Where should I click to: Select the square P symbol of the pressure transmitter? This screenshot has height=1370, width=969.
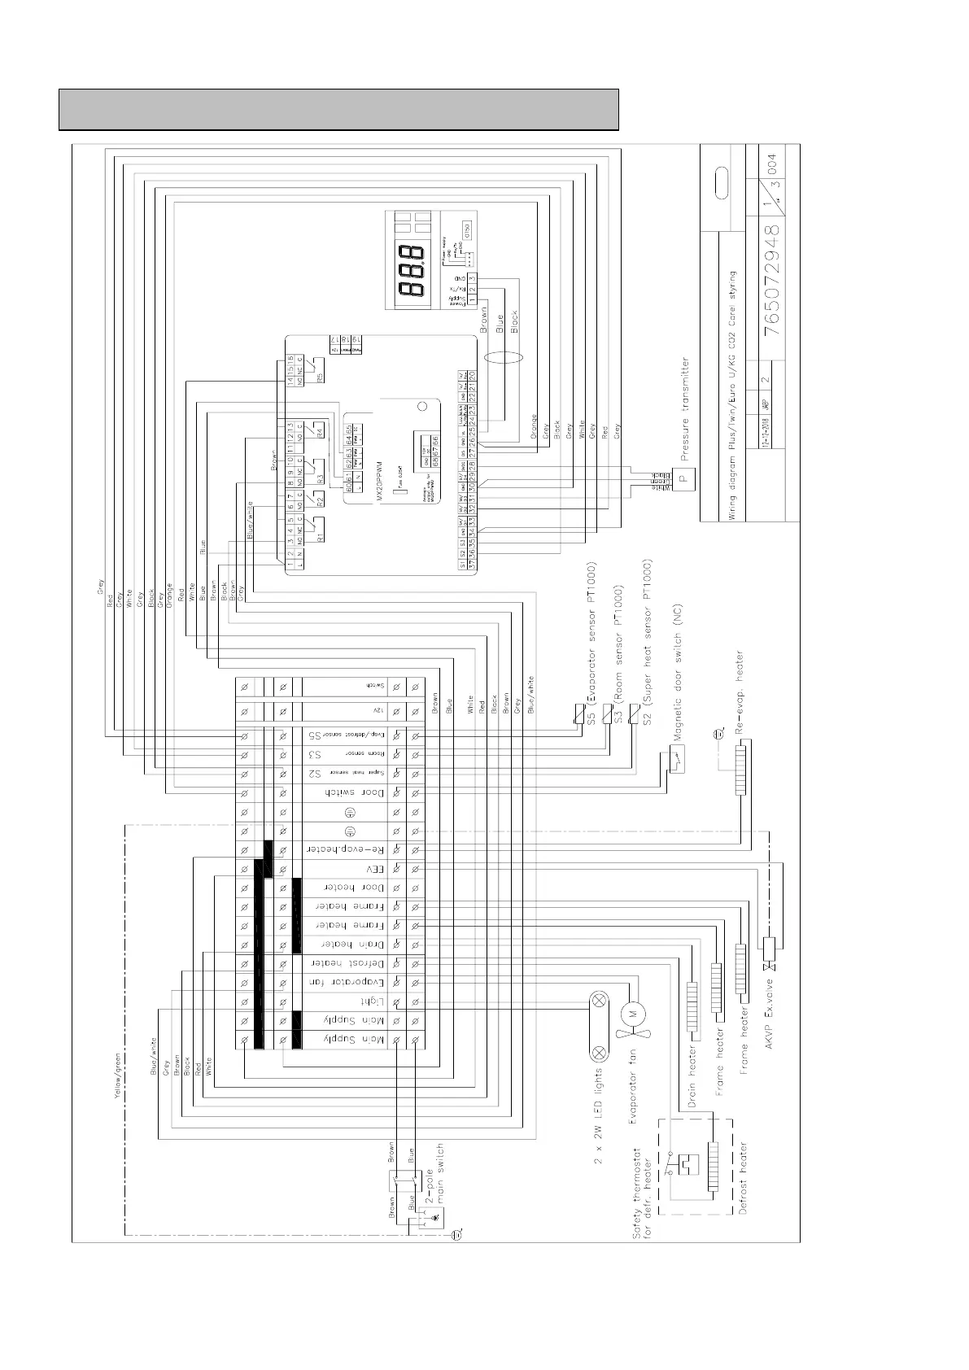click(684, 477)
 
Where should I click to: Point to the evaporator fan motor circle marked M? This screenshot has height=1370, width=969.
click(633, 1013)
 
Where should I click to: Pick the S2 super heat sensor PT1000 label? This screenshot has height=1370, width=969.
click(648, 643)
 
